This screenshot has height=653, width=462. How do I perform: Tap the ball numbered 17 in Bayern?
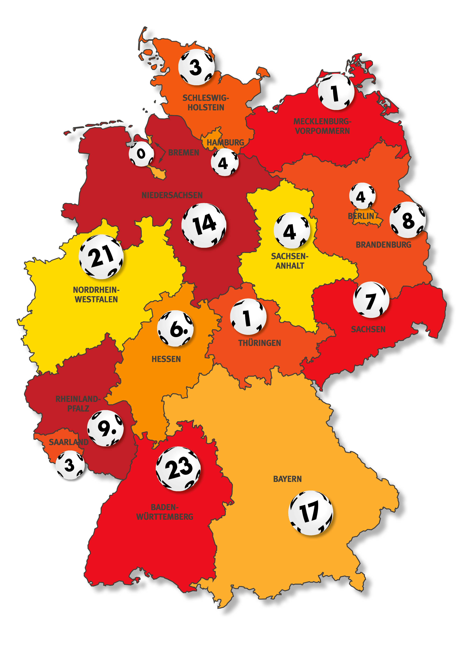(310, 513)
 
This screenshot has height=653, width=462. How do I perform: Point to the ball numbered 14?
(204, 225)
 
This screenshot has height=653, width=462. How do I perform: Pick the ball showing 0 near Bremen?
(141, 154)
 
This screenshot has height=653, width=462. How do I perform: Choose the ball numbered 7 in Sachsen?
(371, 300)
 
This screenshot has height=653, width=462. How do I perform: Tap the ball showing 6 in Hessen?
(175, 329)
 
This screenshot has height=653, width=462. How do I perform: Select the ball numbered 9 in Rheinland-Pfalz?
(105, 428)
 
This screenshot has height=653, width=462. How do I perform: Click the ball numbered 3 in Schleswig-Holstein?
(196, 67)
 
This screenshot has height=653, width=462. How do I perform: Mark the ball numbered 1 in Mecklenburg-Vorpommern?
(336, 92)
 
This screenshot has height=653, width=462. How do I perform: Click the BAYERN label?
(287, 479)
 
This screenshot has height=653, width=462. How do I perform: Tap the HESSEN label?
(166, 359)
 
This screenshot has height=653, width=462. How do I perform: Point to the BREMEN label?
(184, 153)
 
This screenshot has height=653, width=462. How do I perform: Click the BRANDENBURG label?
(383, 245)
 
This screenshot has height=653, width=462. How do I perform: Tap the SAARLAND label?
(69, 442)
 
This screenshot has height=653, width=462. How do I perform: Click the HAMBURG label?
(225, 142)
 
